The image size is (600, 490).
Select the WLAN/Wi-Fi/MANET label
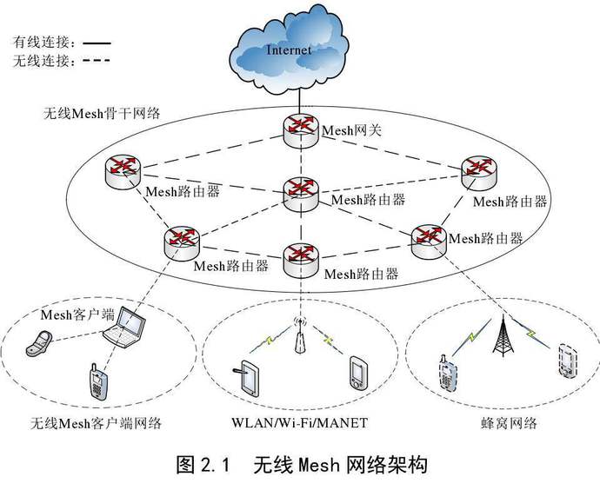point(299,424)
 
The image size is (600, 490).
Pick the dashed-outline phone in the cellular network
point(566,361)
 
